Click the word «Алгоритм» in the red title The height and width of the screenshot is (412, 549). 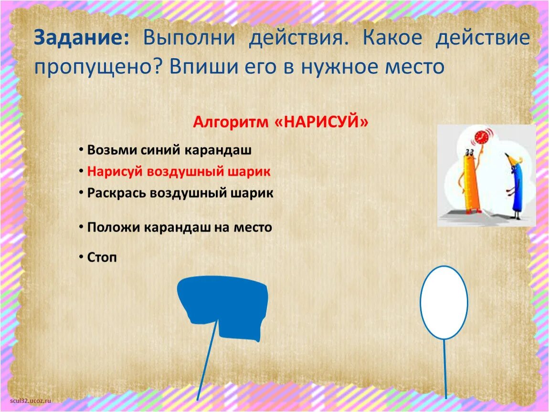tap(231, 122)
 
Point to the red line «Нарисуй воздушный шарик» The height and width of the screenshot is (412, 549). tap(179, 171)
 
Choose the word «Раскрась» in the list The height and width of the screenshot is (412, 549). tap(116, 193)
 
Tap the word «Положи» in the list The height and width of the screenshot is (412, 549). tap(111, 227)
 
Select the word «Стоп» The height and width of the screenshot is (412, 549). tap(102, 257)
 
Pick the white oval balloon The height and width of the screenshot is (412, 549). tap(443, 302)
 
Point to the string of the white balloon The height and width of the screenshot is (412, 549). tap(445, 367)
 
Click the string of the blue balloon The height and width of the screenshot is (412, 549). tap(208, 362)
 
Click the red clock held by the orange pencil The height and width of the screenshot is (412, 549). tap(482, 137)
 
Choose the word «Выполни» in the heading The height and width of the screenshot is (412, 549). tap(188, 38)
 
